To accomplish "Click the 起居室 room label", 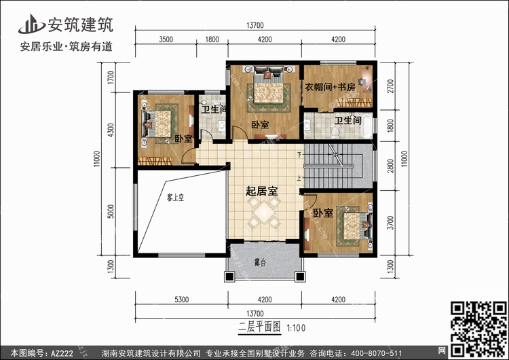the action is pyautogui.click(x=262, y=191).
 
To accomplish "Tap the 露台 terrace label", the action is pyautogui.click(x=260, y=262).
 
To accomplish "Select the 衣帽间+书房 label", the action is pyautogui.click(x=330, y=87).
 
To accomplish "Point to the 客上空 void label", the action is pyautogui.click(x=175, y=197).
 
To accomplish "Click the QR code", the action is pyautogui.click(x=479, y=329).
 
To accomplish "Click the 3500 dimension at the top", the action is pyautogui.click(x=166, y=39).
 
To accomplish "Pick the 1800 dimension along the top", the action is pyautogui.click(x=212, y=39).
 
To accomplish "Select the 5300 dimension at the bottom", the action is pyautogui.click(x=181, y=300).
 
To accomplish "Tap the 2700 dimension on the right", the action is pyautogui.click(x=390, y=86).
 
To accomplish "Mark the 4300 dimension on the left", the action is pyautogui.click(x=111, y=130).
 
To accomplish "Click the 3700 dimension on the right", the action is pyautogui.click(x=390, y=223).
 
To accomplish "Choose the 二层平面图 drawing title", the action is pyautogui.click(x=259, y=327).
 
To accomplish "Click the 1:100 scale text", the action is pyautogui.click(x=296, y=328).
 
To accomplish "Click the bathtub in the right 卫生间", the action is pyautogui.click(x=366, y=126).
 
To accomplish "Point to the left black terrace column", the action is pyautogui.click(x=229, y=276).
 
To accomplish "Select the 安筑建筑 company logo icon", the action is pyautogui.click(x=32, y=24).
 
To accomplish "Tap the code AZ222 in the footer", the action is pyautogui.click(x=62, y=353).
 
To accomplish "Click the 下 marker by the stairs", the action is pyautogui.click(x=299, y=155).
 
